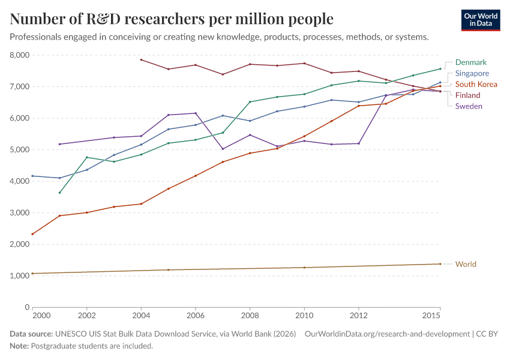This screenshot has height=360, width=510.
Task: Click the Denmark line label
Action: pos(470,62)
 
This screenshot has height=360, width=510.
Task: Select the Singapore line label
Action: pos(472,73)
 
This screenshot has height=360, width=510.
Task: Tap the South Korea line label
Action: pos(476,84)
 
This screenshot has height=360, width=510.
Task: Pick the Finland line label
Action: pos(468,95)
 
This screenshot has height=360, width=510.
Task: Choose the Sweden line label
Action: pos(469,106)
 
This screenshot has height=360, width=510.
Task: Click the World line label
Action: pos(466,264)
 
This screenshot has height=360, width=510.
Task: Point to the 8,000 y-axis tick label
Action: pos(20,55)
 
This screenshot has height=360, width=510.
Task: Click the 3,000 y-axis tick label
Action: pos(20,213)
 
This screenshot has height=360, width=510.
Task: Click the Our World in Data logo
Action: pos(481,20)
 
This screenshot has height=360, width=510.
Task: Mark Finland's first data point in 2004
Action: pos(141,59)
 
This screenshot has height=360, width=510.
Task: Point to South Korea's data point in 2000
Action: pos(32,234)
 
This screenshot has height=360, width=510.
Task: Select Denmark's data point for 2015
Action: pos(440,68)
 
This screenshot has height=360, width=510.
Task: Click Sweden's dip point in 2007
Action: pos(223,149)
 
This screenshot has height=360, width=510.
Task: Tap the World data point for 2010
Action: pos(304,268)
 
